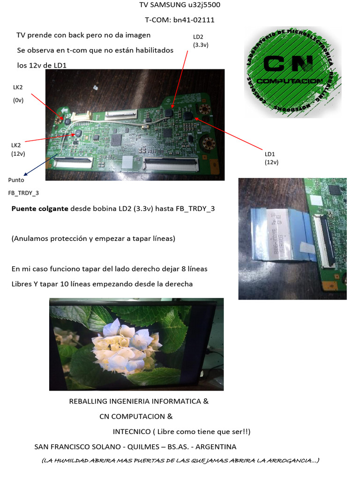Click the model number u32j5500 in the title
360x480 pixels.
click(x=203, y=5)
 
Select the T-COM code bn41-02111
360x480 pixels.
click(x=194, y=20)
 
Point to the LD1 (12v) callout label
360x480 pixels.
click(x=271, y=158)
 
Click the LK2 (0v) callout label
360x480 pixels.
click(x=18, y=93)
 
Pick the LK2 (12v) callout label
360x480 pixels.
click(x=18, y=149)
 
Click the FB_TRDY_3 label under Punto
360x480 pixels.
click(x=23, y=193)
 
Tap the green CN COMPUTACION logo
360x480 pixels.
click(x=292, y=71)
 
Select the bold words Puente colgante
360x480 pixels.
click(x=40, y=209)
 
